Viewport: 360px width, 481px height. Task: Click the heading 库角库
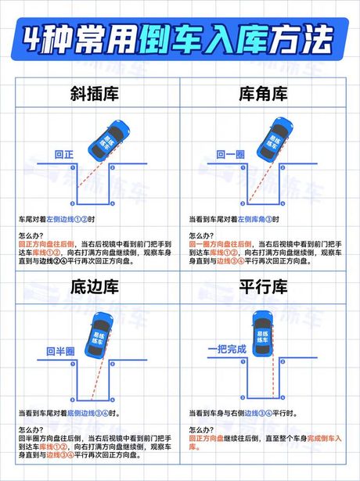[x=265, y=95]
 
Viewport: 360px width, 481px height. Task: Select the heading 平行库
[x=265, y=289]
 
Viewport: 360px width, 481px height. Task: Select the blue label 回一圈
[x=232, y=154]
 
